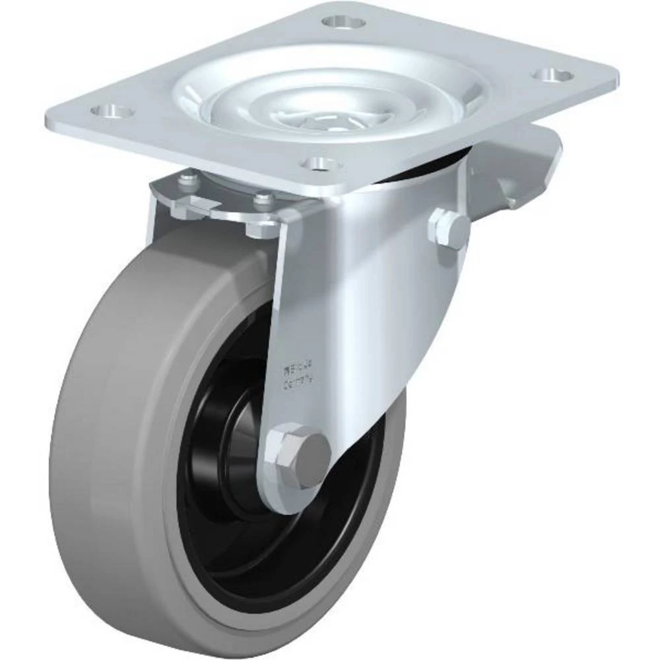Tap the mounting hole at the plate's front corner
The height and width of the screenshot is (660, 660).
(x=319, y=161)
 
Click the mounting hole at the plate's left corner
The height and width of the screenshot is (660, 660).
(x=113, y=110)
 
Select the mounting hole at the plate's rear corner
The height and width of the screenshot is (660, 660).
(x=343, y=22)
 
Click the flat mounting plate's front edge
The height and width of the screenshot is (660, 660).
(x=198, y=148)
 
